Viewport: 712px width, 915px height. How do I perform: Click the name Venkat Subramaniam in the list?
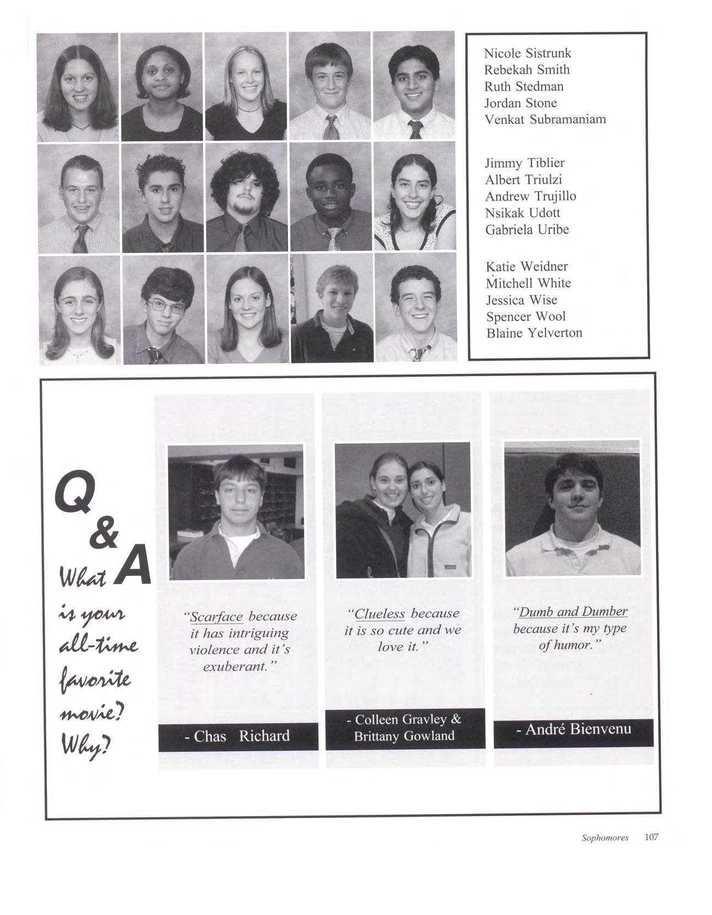coord(545,119)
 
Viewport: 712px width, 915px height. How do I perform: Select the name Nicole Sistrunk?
coord(527,53)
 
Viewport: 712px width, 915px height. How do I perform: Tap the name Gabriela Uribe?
coord(527,229)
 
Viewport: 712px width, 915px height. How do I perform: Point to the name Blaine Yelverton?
coord(534,333)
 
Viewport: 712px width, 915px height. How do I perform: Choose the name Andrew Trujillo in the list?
coord(531,196)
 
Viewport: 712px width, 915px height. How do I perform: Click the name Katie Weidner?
coord(527,267)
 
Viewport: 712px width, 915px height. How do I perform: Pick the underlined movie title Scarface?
coord(216,616)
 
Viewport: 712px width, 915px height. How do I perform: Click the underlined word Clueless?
coord(379,614)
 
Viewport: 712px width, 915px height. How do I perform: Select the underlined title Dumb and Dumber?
coord(572,611)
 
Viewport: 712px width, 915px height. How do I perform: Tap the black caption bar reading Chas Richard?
coord(238,736)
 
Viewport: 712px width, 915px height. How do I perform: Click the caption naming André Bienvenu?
coord(573,730)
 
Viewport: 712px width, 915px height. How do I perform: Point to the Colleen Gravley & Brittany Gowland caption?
coord(405,727)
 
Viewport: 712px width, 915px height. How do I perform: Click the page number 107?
coord(651,837)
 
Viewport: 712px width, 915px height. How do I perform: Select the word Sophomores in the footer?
coord(605,838)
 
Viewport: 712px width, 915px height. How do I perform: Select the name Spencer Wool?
coord(526,316)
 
